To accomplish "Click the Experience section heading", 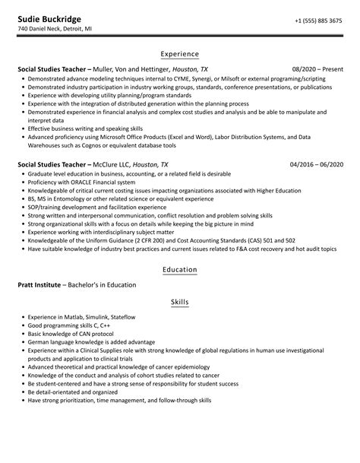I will [180, 54].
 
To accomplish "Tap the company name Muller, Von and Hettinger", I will [135, 69].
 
